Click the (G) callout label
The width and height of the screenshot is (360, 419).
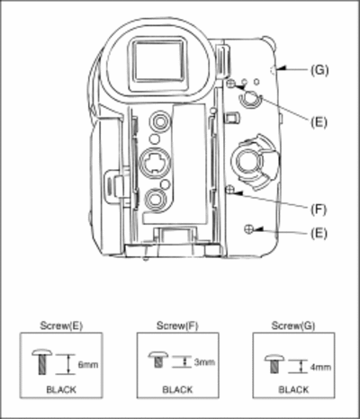coord(319,70)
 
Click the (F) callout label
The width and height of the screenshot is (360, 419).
coord(319,209)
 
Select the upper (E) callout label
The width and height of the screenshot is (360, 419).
coord(319,122)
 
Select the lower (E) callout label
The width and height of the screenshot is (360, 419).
coord(319,233)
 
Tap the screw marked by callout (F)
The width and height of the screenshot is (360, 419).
coord(230,190)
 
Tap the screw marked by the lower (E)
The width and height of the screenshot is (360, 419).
coord(248,229)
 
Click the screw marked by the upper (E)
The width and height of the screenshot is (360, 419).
coord(231,85)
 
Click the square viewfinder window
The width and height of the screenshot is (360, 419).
coord(158,60)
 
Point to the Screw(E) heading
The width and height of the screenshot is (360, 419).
coord(61,325)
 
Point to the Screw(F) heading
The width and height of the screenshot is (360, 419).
coord(177,325)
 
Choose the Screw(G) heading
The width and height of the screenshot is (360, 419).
coord(293,325)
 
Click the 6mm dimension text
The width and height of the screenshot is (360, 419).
coord(88,365)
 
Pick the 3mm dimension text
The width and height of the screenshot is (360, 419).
coord(204,362)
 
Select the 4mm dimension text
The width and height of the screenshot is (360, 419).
coord(320,367)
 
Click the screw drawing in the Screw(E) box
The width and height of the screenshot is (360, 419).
coord(42,361)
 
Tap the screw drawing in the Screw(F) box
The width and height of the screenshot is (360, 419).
coord(158,360)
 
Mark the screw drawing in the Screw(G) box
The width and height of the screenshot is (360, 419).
coord(274,363)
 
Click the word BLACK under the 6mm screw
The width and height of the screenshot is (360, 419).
coord(61,389)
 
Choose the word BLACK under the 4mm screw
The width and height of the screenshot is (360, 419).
coord(293,389)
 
